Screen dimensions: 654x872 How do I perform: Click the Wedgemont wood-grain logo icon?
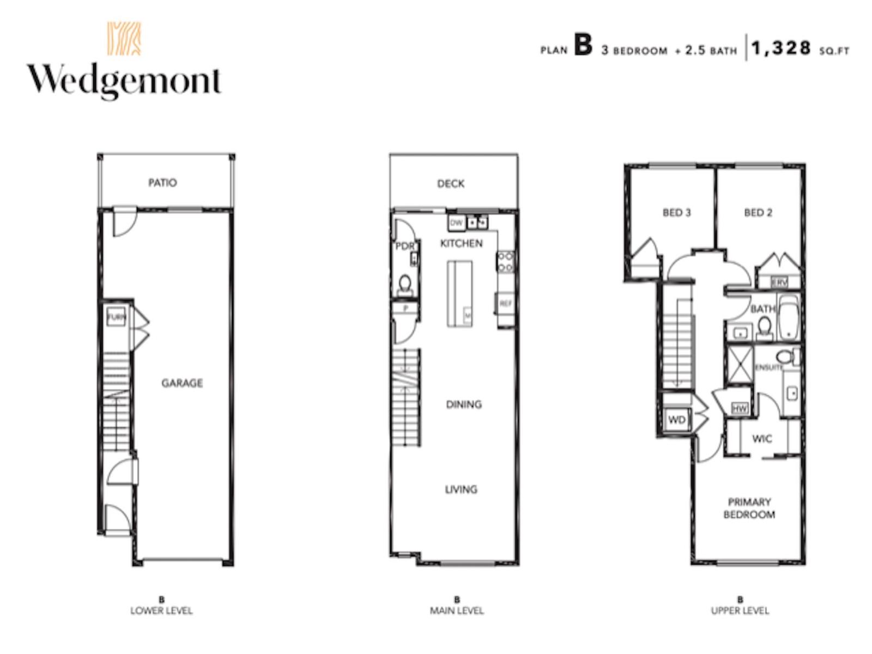click(124, 39)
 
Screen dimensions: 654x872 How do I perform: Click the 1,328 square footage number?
click(782, 49)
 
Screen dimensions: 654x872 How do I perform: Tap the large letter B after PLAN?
click(583, 46)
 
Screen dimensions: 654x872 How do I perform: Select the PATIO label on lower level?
click(162, 183)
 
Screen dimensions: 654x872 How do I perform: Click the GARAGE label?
click(182, 383)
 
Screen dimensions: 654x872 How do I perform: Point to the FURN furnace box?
click(116, 317)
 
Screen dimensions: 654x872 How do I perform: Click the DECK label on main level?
click(451, 184)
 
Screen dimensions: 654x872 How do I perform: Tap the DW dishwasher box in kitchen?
click(456, 222)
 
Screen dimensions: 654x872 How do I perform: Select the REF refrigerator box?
click(505, 304)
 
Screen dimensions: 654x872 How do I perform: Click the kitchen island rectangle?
click(459, 293)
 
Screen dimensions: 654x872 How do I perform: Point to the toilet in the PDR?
click(405, 284)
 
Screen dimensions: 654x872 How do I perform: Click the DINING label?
click(464, 404)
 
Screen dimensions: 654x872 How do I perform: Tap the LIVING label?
click(461, 489)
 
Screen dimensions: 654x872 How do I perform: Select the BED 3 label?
click(676, 213)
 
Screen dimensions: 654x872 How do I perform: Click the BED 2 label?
click(758, 213)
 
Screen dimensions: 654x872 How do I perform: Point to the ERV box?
click(779, 282)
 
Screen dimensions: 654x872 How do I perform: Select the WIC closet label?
click(761, 439)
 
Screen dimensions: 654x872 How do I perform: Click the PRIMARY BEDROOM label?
click(749, 508)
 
